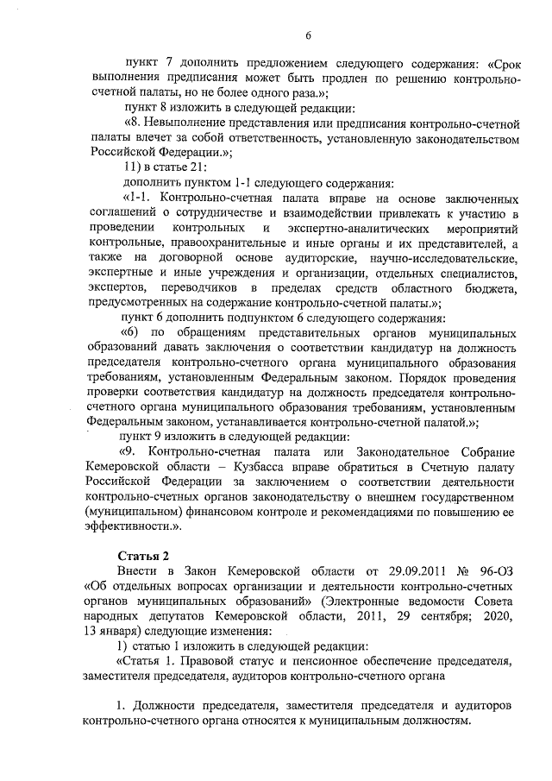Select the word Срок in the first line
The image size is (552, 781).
tap(504, 63)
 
